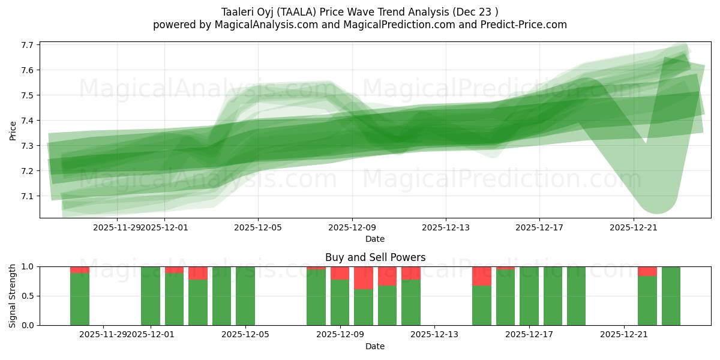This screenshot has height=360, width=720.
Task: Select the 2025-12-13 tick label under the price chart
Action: (x=445, y=227)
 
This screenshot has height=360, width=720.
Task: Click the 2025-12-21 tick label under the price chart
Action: (x=634, y=227)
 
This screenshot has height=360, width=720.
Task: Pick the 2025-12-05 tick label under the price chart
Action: (x=258, y=227)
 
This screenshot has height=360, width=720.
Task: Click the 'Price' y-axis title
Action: (x=13, y=130)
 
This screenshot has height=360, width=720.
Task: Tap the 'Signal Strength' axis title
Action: (x=13, y=296)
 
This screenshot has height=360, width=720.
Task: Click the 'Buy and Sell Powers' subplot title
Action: (x=375, y=257)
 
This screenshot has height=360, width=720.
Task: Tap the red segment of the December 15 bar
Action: (x=482, y=276)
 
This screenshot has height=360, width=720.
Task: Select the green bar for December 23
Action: (x=671, y=296)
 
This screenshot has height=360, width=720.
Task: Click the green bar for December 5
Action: (x=245, y=296)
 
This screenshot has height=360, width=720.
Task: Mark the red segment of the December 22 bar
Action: (x=647, y=271)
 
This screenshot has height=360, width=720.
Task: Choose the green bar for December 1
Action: (x=151, y=296)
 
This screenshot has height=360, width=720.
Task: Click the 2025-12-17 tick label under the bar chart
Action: (x=529, y=334)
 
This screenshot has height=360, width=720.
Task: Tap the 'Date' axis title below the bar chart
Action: (x=375, y=346)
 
